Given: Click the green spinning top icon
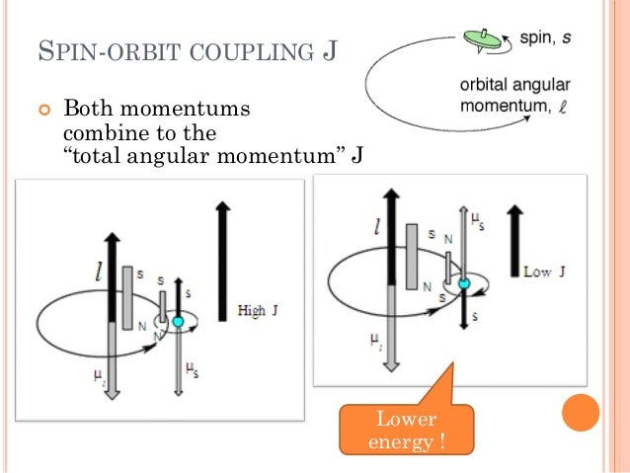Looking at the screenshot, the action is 480,39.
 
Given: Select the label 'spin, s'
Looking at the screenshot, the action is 534,38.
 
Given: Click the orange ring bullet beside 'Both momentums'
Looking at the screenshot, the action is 42,108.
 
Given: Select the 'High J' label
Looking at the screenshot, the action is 259,311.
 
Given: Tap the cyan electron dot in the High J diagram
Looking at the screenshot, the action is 178,321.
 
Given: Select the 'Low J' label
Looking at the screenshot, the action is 542,271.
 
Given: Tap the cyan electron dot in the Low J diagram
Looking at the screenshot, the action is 464,284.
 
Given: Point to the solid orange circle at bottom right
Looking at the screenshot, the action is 582,413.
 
